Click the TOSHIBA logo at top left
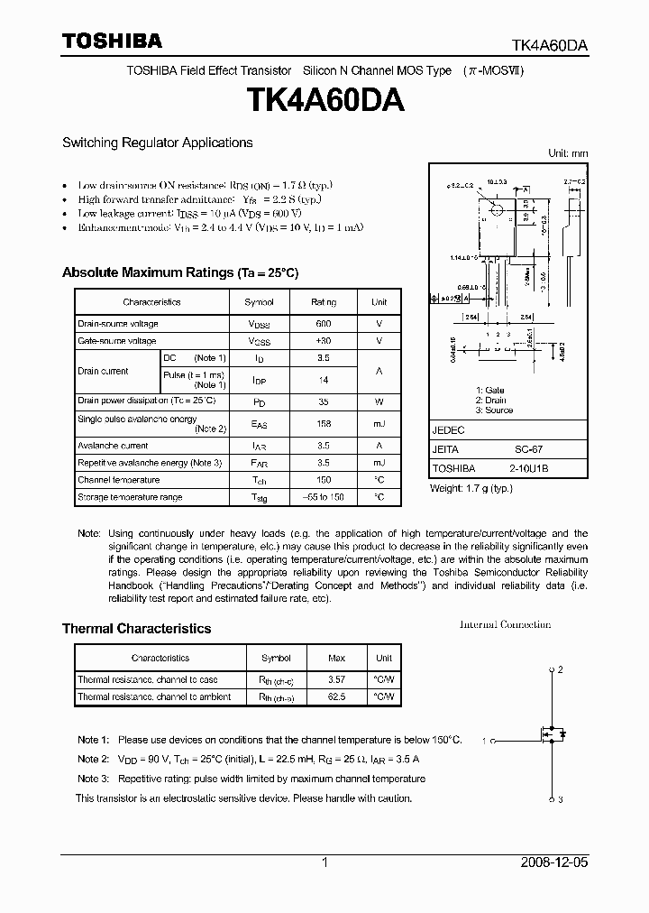coord(112,41)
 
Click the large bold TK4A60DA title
coord(324,100)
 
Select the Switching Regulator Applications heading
coord(157,143)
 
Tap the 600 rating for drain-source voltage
coord(324,323)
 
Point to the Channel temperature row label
coord(118,480)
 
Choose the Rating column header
coord(324,302)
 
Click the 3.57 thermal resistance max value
coord(335,679)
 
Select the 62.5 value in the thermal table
coord(335,696)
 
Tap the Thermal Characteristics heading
coord(136,629)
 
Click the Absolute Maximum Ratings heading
coord(179,272)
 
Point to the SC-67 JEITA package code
coord(517,449)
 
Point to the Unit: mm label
coord(568,153)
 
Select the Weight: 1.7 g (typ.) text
coord(471,488)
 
